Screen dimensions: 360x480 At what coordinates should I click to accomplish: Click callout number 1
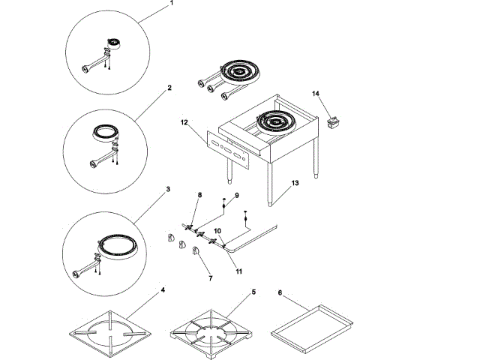171,4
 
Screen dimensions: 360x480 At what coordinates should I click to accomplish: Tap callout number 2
169,88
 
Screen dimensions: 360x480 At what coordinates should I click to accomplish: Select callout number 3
168,189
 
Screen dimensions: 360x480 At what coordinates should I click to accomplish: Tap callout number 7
210,278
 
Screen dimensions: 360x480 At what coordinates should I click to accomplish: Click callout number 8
199,195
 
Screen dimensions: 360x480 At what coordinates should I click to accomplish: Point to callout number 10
218,231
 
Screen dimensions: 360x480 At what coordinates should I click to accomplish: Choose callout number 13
295,183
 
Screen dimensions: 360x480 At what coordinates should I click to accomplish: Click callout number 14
316,94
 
